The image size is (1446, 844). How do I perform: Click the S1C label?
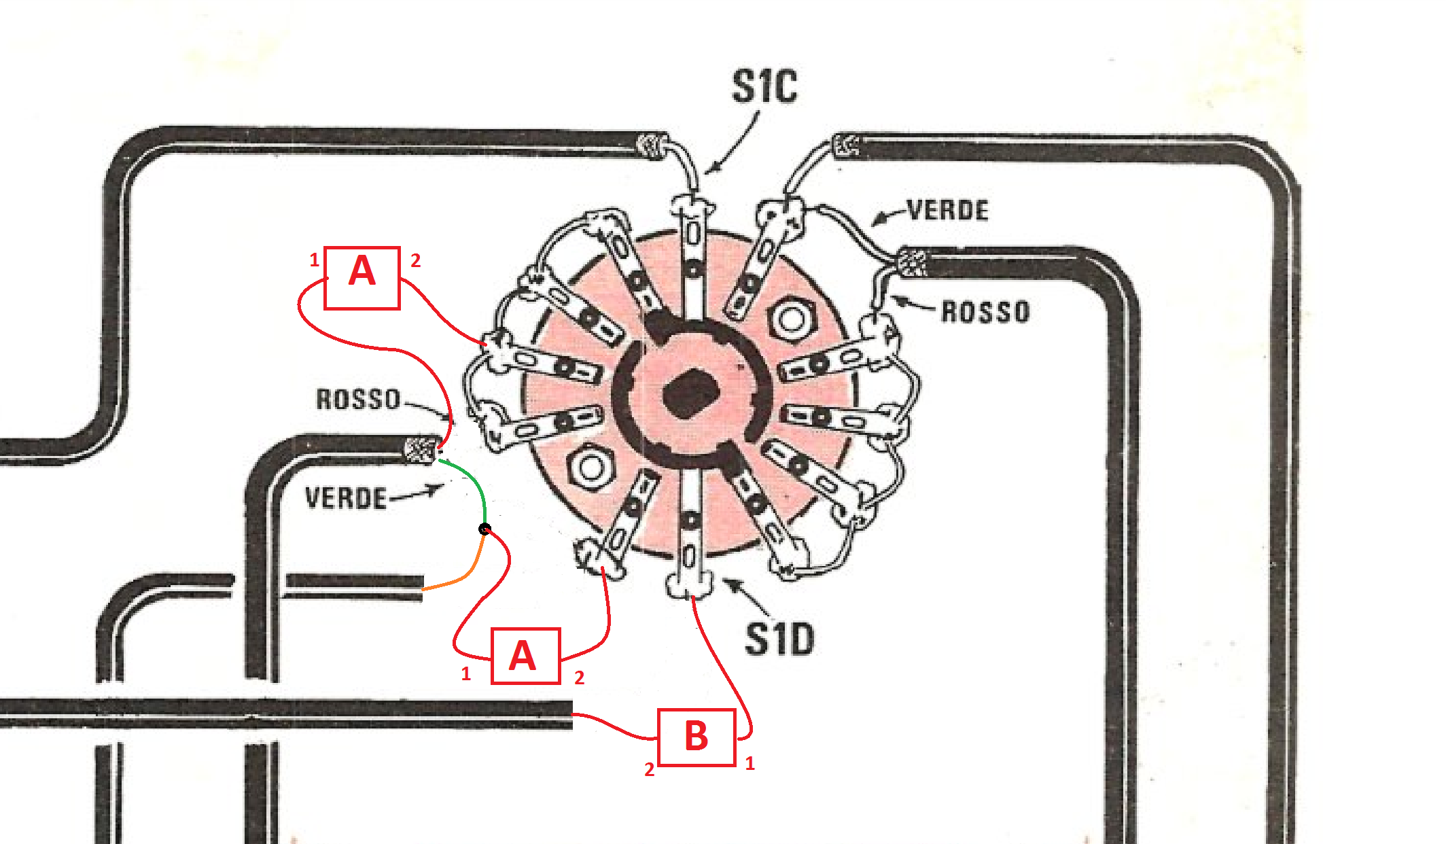(764, 87)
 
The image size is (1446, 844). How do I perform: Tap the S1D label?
(779, 639)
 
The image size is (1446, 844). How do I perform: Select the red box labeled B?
(696, 737)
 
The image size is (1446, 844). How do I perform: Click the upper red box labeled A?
(362, 278)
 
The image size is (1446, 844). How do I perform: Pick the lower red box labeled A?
(525, 656)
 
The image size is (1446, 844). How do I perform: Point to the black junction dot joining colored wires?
(484, 529)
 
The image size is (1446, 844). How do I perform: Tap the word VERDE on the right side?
(948, 211)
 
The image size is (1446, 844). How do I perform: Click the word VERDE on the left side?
(346, 498)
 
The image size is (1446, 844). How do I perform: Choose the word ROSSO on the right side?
(985, 312)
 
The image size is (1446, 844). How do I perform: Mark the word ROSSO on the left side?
(358, 399)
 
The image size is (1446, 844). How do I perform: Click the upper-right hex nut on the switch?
(791, 319)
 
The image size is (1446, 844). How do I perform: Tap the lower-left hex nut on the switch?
(590, 467)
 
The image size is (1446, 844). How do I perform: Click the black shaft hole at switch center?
(690, 393)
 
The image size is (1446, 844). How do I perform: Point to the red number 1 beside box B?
(750, 764)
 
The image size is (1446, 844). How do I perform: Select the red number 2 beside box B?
(650, 769)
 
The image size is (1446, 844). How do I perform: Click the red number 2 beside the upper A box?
(415, 260)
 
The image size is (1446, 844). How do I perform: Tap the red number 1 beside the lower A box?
(465, 674)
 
